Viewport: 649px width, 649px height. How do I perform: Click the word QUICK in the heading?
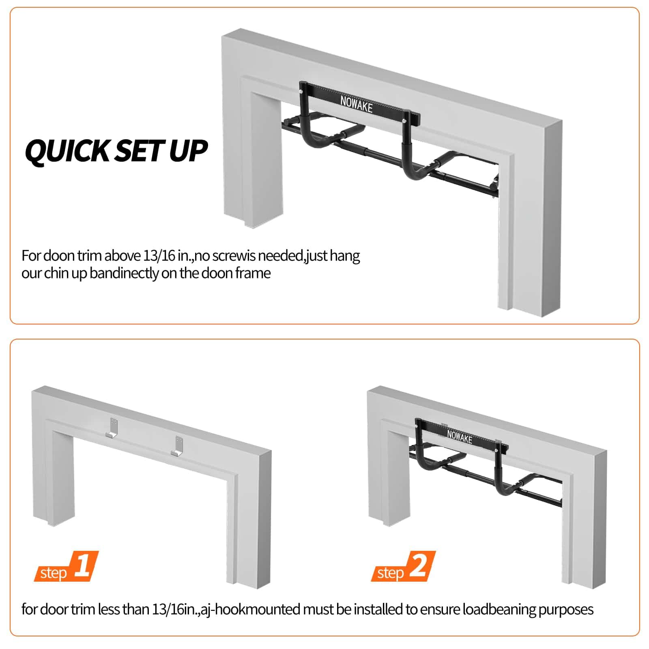click(67, 152)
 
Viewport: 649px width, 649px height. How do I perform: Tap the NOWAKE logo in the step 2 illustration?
click(460, 436)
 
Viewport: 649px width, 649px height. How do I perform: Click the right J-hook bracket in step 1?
click(178, 446)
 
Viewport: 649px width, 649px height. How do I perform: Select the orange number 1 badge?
click(83, 566)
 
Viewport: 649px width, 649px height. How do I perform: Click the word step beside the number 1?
click(54, 573)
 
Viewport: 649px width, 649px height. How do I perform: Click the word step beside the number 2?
click(391, 573)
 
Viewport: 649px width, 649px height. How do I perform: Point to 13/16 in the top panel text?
click(159, 256)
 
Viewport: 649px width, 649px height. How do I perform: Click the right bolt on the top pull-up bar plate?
click(404, 121)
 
